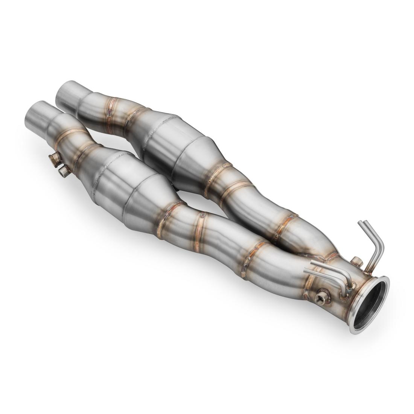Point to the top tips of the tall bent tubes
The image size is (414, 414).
[x=362, y=224]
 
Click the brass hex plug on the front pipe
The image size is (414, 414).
[x=55, y=160]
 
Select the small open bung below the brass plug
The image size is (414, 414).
[x=64, y=172]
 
